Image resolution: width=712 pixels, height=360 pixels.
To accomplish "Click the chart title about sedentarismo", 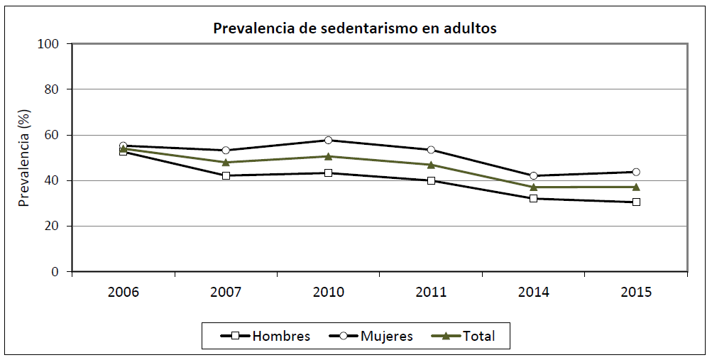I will [x=356, y=29].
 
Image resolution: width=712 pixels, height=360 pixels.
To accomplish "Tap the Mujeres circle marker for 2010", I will [x=329, y=140].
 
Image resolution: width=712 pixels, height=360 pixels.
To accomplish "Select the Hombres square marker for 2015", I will [x=636, y=202].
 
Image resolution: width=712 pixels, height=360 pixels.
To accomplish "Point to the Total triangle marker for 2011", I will [x=431, y=165].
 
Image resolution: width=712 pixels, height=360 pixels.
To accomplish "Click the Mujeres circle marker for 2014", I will [x=534, y=175].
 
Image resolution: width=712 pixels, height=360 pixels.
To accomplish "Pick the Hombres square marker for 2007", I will [x=226, y=175].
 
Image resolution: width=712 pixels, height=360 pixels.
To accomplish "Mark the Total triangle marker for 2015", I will [x=636, y=187].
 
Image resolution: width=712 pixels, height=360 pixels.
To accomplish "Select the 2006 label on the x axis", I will [x=124, y=292].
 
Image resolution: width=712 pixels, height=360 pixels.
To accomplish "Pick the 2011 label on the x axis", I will [x=431, y=292].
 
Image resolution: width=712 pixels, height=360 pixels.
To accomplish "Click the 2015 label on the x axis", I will [x=636, y=292].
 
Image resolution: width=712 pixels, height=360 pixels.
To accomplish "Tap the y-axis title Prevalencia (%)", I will [x=24, y=158].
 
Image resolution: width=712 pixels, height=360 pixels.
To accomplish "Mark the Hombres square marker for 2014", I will [x=534, y=198].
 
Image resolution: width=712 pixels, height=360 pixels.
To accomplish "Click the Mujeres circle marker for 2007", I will [x=226, y=151].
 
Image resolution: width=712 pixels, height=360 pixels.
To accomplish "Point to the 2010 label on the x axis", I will [x=329, y=292].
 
